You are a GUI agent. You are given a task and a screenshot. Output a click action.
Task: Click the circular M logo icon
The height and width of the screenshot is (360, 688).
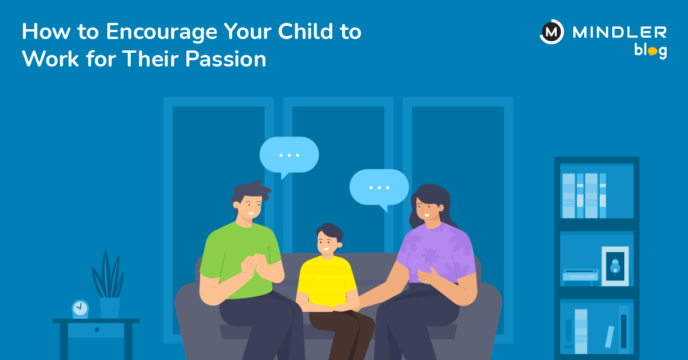(552, 32)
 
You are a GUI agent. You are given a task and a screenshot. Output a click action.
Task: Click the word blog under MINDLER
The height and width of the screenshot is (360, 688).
(650, 50)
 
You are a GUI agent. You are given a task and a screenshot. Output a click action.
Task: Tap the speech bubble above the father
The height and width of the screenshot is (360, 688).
(289, 155)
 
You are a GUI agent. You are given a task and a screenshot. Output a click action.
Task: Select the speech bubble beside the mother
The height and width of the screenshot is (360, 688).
(379, 187)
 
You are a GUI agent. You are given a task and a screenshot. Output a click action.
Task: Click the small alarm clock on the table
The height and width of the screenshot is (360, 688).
(80, 309)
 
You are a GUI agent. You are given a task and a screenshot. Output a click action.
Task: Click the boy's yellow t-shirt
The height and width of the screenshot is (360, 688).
(326, 281)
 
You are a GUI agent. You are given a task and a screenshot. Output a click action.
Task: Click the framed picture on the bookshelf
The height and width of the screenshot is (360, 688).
(615, 265)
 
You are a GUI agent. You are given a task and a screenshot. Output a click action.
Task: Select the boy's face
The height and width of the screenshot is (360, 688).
(326, 244)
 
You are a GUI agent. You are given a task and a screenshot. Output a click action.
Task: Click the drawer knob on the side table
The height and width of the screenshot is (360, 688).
(96, 330)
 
